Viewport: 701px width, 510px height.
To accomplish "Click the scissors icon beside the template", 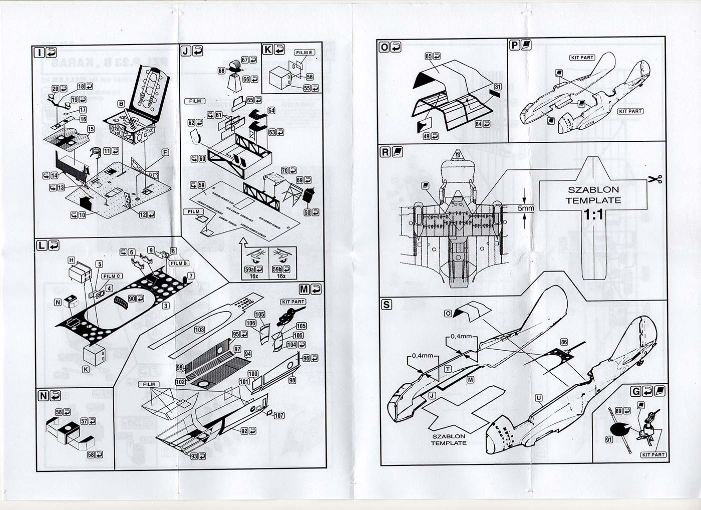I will [656, 179].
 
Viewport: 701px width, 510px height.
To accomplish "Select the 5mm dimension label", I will [526, 208].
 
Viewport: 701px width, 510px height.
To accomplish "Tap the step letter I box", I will [39, 52].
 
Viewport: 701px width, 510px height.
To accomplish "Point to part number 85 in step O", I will [429, 57].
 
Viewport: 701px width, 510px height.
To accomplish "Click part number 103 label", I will [200, 330].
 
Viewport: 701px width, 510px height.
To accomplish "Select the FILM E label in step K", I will [304, 53].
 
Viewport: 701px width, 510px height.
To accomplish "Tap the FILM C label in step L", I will [112, 276].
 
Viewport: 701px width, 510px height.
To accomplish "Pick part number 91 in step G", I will [609, 440].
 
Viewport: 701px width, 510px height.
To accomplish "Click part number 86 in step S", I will [564, 343].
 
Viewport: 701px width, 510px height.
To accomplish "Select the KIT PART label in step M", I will [293, 302].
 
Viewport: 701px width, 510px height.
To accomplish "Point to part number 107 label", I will [279, 415].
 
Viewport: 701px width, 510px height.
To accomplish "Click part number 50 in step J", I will [307, 212].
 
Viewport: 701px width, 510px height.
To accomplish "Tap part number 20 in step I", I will [56, 89].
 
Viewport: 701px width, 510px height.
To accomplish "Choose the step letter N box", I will [43, 395].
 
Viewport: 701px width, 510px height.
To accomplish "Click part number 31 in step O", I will [497, 87].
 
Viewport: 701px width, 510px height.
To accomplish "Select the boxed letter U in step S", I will [539, 398].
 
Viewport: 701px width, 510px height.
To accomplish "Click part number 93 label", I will [194, 456].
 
